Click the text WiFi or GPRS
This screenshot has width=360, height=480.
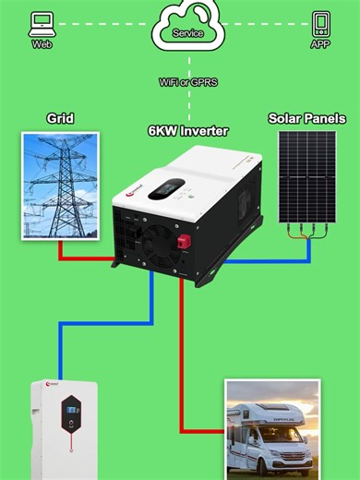click(x=187, y=82)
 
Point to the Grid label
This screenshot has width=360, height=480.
click(x=60, y=119)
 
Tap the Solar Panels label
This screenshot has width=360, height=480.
click(x=306, y=119)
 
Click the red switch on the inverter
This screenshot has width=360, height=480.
click(x=183, y=242)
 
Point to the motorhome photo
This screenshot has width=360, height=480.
click(x=273, y=429)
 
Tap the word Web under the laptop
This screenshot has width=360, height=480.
click(x=42, y=43)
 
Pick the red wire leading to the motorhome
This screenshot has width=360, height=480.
click(x=183, y=369)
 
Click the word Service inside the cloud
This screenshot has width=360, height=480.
click(x=187, y=33)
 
